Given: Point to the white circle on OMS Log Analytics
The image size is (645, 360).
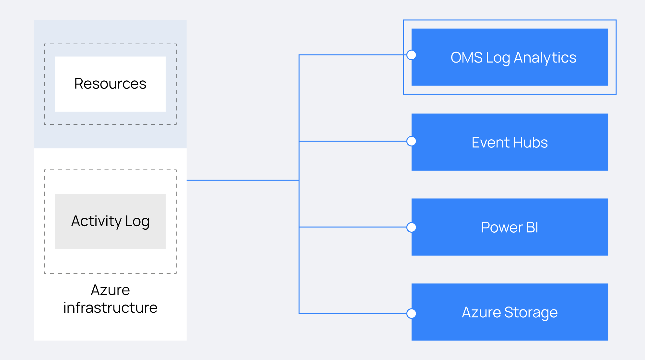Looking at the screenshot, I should pyautogui.click(x=411, y=55).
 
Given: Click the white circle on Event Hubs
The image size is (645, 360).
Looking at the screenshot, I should pyautogui.click(x=411, y=141).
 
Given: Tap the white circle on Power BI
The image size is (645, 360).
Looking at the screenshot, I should pyautogui.click(x=411, y=227).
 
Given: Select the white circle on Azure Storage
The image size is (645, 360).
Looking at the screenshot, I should pyautogui.click(x=411, y=314).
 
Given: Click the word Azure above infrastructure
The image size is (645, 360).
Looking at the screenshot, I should pyautogui.click(x=110, y=290).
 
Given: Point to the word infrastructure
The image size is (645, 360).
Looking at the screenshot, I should pyautogui.click(x=110, y=308).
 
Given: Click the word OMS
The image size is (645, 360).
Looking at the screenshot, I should pyautogui.click(x=466, y=58).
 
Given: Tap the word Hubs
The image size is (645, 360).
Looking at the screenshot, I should pyautogui.click(x=530, y=143).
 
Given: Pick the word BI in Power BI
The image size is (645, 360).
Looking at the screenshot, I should pyautogui.click(x=532, y=227).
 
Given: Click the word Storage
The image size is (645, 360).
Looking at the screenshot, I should pyautogui.click(x=531, y=312).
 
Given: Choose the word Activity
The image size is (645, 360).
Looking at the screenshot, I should pyautogui.click(x=96, y=221).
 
